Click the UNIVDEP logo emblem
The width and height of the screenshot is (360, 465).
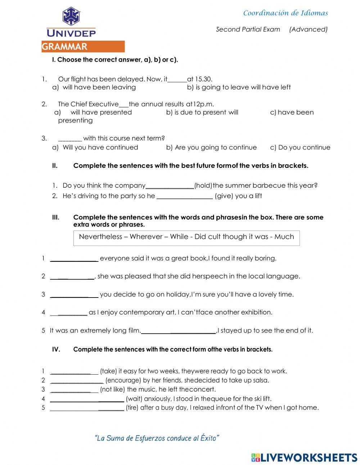pos(71,16)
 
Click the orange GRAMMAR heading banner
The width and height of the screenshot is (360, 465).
pos(83,47)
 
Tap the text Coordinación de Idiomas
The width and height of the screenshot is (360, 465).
pos(285,13)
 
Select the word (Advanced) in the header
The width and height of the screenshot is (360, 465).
pos(309,30)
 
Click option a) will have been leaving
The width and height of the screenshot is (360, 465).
pos(94,87)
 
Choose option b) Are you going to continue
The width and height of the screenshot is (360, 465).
pos(212,147)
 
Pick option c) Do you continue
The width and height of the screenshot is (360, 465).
pos(300,147)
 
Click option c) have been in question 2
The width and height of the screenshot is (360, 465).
pos(292,112)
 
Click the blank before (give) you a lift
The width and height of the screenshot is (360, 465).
pos(185,196)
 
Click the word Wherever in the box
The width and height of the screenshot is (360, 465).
pos(146,237)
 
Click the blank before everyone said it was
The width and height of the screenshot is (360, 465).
pos(74,259)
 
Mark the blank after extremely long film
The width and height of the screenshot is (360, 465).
pos(179,331)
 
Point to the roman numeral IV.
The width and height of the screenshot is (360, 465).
pos(56,349)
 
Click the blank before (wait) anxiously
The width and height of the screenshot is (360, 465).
pos(87,399)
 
